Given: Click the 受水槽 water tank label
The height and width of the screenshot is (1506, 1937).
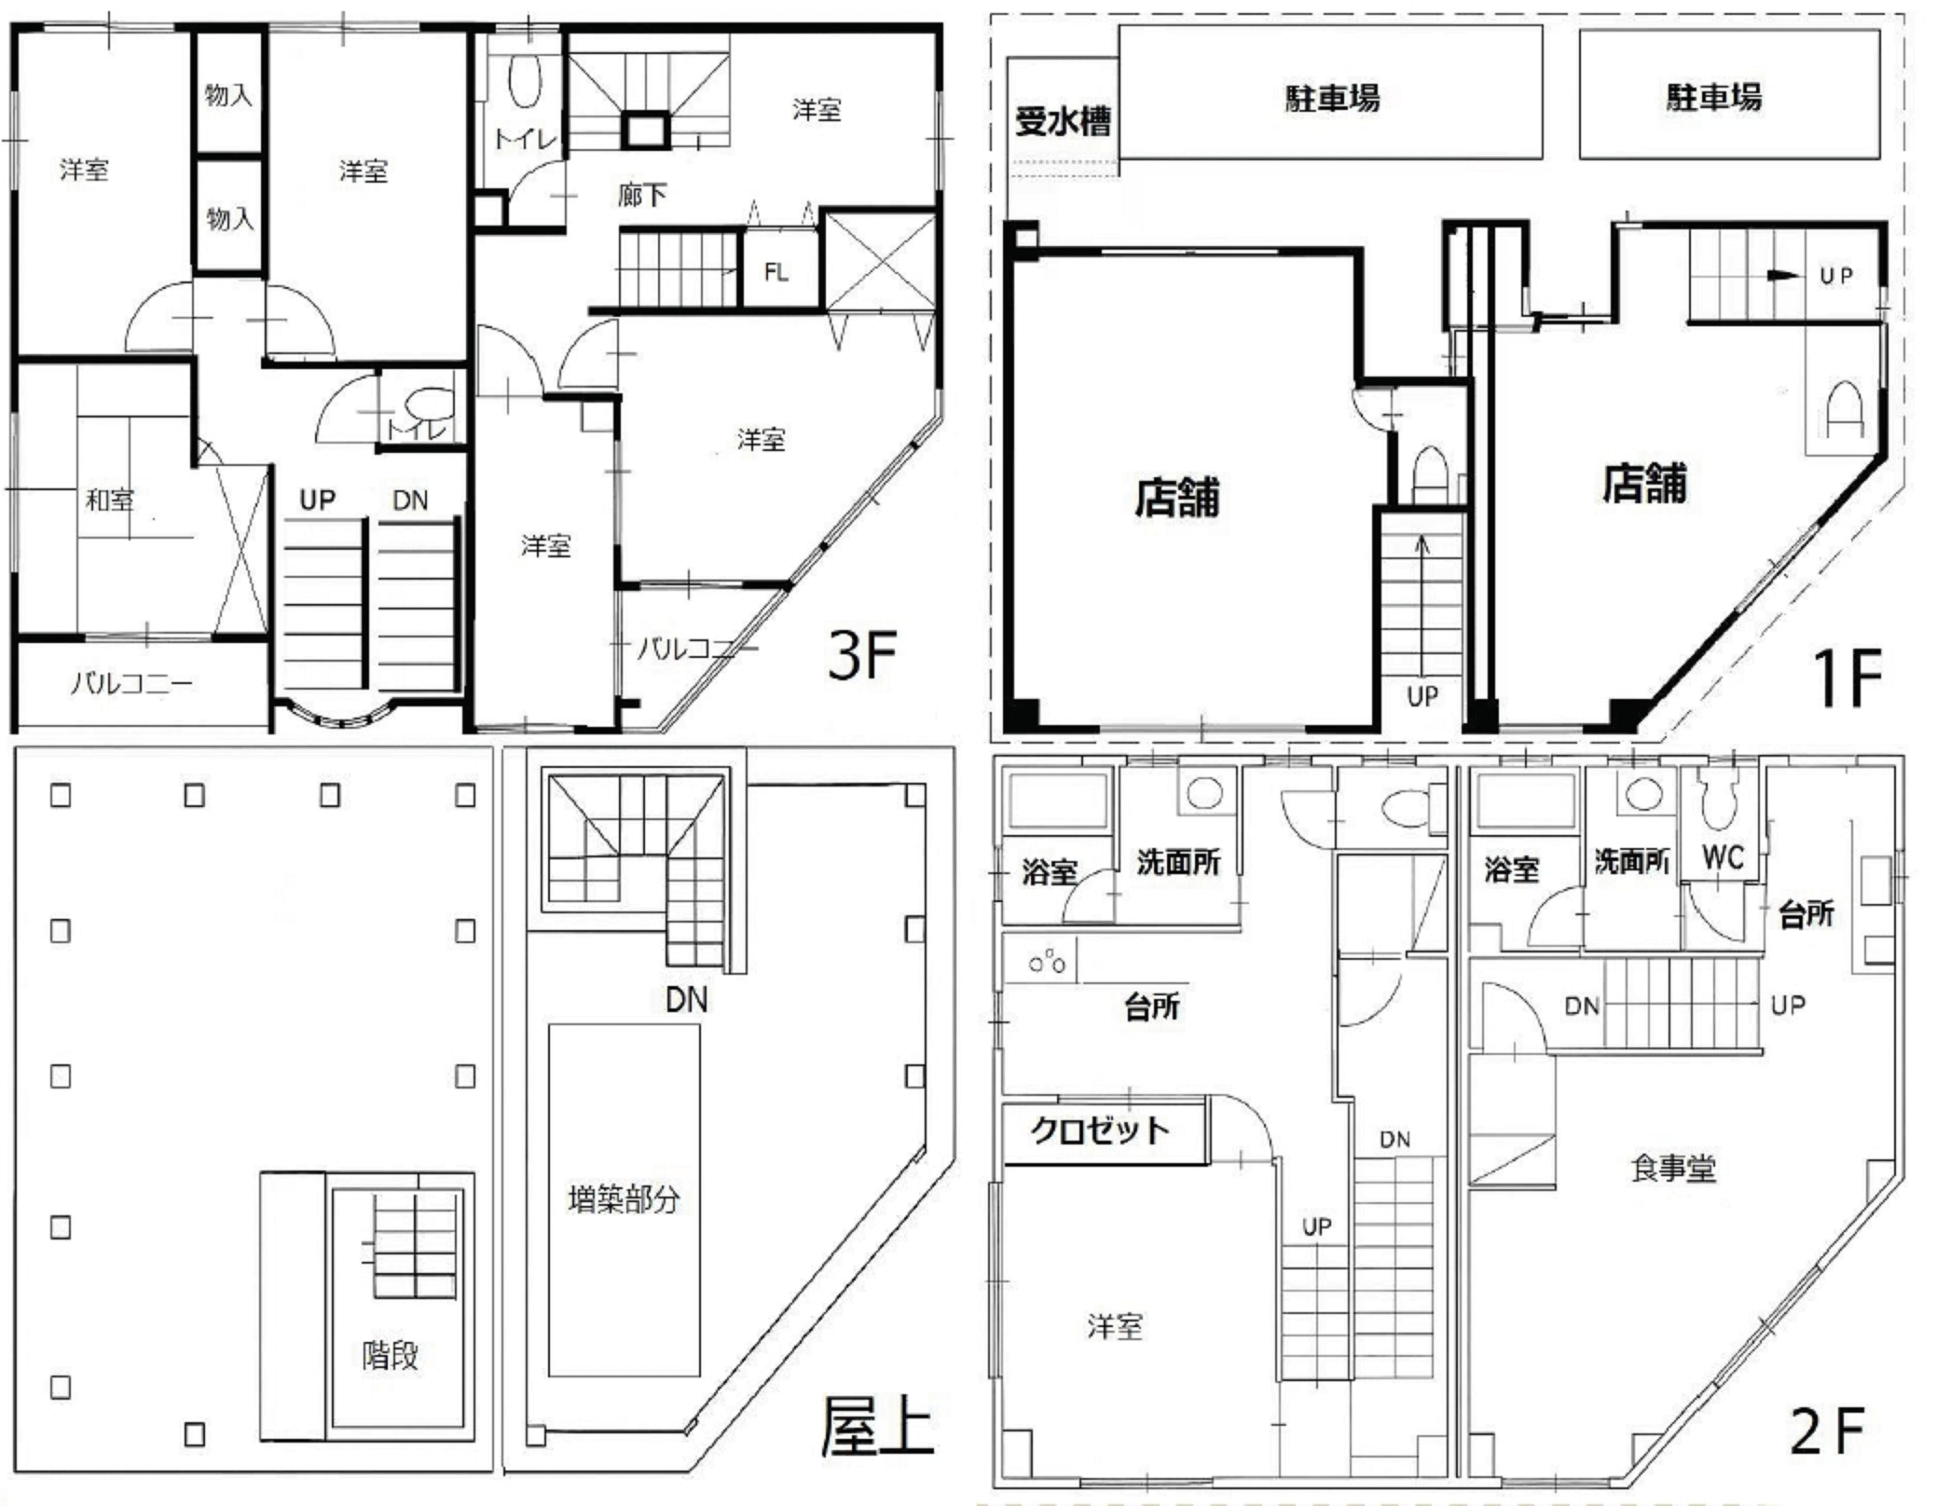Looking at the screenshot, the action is tap(1063, 122).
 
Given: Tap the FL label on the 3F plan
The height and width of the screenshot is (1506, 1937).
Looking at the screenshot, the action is tap(776, 272).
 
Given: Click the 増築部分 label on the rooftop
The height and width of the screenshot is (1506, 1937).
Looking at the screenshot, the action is tap(623, 1199).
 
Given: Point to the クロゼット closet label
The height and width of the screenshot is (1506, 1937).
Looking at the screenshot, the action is tap(1100, 1130).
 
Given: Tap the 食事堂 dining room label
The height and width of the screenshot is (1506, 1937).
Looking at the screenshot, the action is tap(1673, 1168).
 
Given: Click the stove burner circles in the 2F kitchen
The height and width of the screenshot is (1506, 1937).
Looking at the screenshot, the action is tap(1047, 961).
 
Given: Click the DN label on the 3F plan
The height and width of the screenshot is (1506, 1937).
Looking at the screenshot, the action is tap(410, 500).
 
